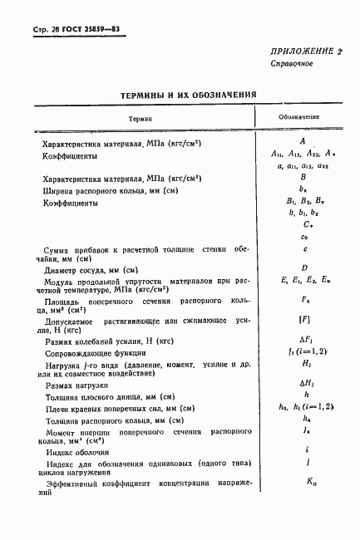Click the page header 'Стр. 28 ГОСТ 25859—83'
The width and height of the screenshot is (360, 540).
[69, 30]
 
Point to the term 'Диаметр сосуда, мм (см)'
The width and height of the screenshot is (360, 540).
[90, 270]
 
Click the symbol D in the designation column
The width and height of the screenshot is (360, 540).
[305, 268]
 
